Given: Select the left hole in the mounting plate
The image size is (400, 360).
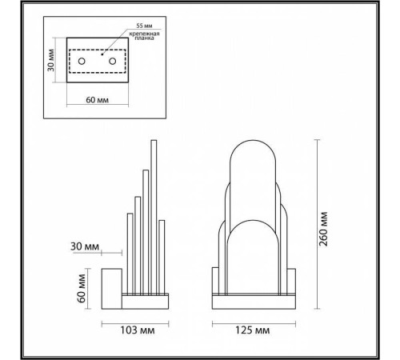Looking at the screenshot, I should pos(82,62).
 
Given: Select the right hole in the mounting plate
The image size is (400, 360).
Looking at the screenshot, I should pos(112,62).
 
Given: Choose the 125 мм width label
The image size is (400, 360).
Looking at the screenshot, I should pos(252,330).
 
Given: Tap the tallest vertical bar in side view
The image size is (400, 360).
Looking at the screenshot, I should pos(151,216).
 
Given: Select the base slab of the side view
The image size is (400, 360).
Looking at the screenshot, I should pos(145,302).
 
